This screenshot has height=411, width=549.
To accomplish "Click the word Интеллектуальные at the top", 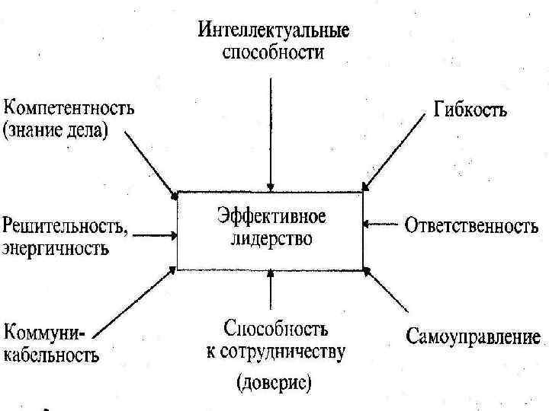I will (x=274, y=33).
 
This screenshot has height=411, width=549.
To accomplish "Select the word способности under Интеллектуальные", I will (x=273, y=53).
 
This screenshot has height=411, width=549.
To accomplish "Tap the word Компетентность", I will (x=69, y=107).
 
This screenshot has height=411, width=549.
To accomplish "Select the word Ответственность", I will (x=472, y=226).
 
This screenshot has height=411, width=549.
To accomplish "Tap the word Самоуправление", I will (x=474, y=336).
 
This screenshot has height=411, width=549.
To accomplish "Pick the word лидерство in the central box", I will (x=270, y=238).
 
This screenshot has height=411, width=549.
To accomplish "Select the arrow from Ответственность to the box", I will (x=381, y=225).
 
